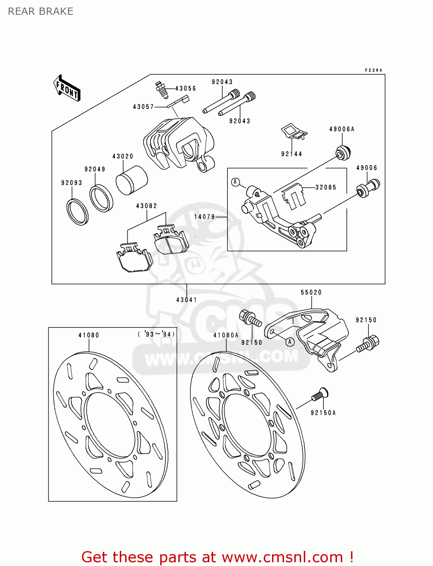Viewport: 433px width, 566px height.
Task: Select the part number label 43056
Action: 186,88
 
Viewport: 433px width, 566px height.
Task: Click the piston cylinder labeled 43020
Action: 131,180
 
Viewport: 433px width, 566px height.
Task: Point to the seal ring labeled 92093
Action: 77,211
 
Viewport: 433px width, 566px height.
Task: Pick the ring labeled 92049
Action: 101,198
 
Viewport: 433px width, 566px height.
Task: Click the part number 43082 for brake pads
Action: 147,206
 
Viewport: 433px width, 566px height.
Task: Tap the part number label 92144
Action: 291,154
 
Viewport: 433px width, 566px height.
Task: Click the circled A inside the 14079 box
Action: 236,182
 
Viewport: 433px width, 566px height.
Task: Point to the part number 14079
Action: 204,217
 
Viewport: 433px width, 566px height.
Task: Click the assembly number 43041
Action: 187,300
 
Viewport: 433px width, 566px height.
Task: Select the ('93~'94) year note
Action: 156,334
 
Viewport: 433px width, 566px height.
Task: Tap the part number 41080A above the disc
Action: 226,335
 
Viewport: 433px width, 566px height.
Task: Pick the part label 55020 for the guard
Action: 311,292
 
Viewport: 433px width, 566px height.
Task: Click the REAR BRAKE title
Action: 40,11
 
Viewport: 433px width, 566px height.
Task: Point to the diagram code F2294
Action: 373,70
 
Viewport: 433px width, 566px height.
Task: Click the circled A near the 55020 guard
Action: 290,342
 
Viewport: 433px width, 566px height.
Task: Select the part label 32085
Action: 326,187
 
